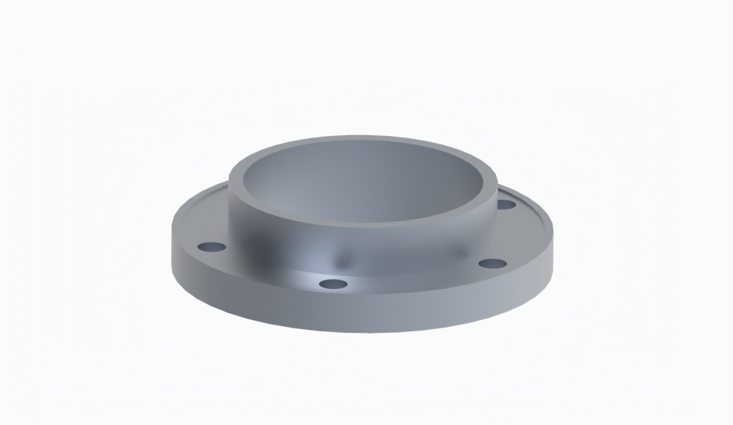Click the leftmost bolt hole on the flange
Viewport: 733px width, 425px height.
(212, 247)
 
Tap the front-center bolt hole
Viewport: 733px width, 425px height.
(333, 284)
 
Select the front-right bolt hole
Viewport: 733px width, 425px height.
(492, 264)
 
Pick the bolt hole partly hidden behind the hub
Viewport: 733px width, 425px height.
(506, 205)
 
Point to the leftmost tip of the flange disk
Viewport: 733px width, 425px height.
(172, 243)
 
